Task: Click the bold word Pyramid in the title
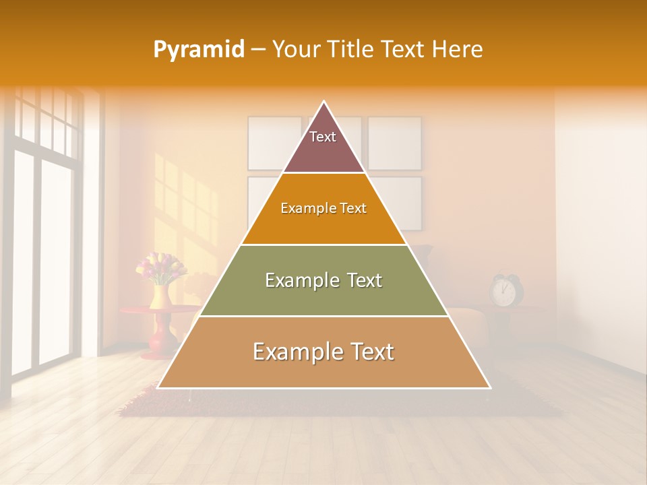[x=198, y=49]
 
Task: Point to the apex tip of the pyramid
[x=323, y=102]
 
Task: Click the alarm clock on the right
[x=503, y=290]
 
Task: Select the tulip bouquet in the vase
[x=161, y=267]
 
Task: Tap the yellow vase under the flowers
[x=160, y=296]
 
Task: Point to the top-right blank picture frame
[x=394, y=143]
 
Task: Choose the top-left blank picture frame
[x=274, y=143]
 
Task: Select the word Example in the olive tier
[x=293, y=280]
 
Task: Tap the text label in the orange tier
[x=323, y=208]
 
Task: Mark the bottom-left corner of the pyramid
[x=158, y=387]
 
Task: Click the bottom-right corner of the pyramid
[x=490, y=387]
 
